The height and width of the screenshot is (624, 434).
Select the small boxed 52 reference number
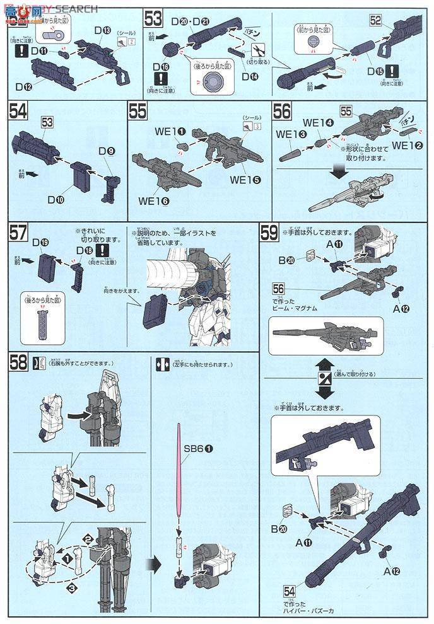pos(376,20)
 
